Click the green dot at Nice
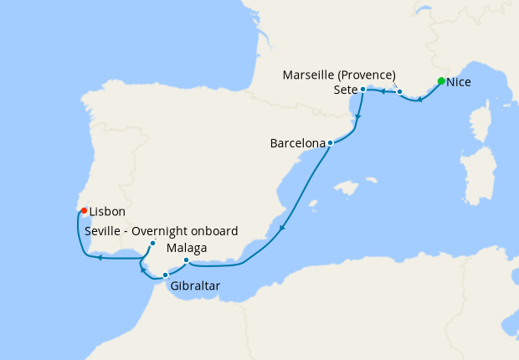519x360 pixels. pyautogui.click(x=441, y=81)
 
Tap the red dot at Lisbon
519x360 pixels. pyautogui.click(x=85, y=210)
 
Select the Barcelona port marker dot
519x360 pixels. pyautogui.click(x=331, y=142)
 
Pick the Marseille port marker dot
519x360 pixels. pyautogui.click(x=400, y=92)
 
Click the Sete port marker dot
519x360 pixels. pyautogui.click(x=362, y=89)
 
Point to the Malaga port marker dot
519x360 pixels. pyautogui.click(x=186, y=260)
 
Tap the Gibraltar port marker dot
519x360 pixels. pyautogui.click(x=165, y=275)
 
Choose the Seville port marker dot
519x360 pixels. pyautogui.click(x=152, y=244)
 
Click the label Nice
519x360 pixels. pyautogui.click(x=460, y=83)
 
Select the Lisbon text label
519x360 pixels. pyautogui.click(x=106, y=213)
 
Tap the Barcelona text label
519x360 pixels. pyautogui.click(x=297, y=144)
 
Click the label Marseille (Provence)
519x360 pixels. pyautogui.click(x=340, y=75)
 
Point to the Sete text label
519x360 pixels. pyautogui.click(x=345, y=89)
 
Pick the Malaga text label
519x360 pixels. pyautogui.click(x=187, y=249)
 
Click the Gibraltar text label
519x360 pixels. pyautogui.click(x=195, y=286)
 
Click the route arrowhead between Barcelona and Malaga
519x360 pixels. pyautogui.click(x=283, y=227)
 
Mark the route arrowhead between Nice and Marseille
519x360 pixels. pyautogui.click(x=419, y=100)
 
